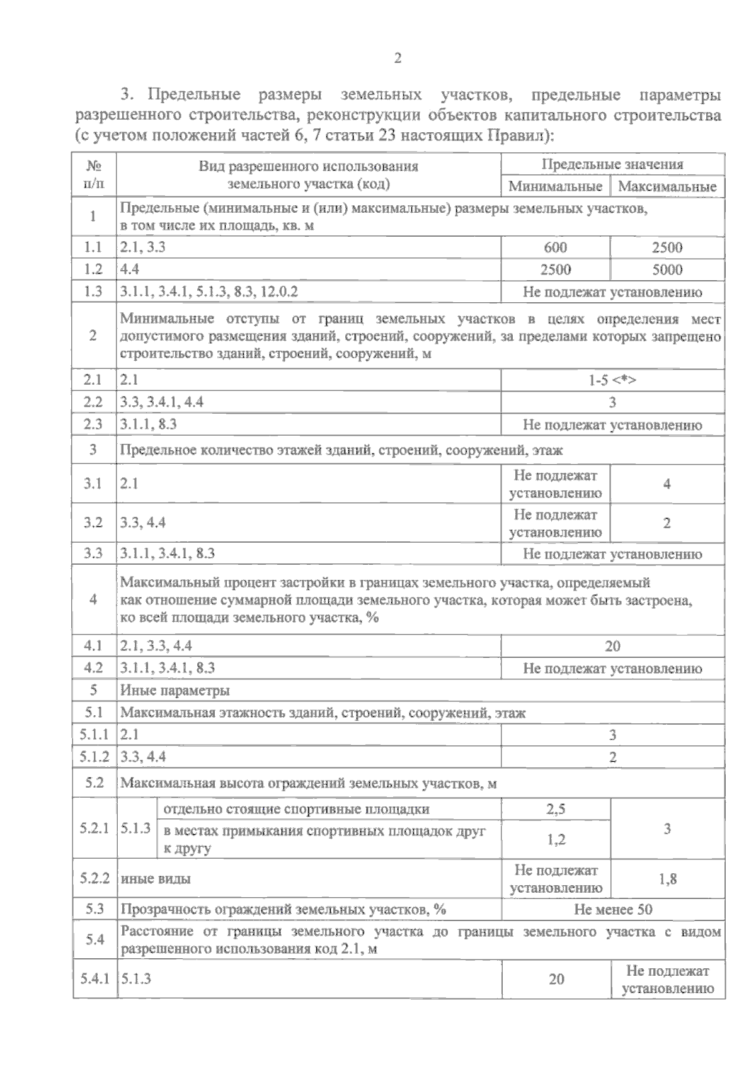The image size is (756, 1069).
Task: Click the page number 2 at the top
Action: coord(397,59)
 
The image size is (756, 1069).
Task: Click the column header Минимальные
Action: coord(555,186)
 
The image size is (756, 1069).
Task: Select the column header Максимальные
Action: coord(667,186)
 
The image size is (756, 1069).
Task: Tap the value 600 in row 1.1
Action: coord(555,247)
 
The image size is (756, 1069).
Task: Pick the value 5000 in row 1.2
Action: coord(667,269)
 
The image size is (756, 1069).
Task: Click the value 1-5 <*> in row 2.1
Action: coord(612,380)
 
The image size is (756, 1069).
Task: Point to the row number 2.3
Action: coord(93,424)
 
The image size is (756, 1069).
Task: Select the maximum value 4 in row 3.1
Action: coord(667,484)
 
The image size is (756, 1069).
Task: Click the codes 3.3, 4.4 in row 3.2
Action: coord(143,523)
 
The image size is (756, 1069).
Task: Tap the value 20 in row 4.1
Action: coord(612,646)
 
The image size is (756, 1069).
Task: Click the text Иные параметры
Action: coord(175,691)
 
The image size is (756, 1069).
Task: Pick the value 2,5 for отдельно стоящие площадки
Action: coord(555,809)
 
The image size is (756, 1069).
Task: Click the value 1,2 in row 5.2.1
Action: coord(555,839)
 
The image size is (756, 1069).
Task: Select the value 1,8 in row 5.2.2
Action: coord(667,879)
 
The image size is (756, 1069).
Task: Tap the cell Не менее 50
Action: coord(612,909)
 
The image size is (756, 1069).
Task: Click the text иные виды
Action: coord(155,879)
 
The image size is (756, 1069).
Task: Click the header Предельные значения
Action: coord(612,164)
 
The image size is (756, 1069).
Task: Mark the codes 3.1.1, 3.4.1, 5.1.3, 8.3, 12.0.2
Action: coord(209,292)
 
